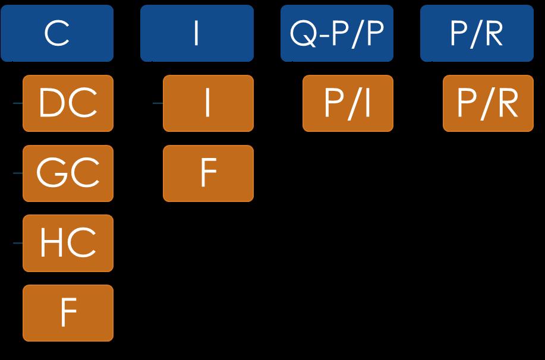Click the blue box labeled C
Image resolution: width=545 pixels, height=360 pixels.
pos(57,33)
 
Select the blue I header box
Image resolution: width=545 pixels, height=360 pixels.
pos(197,33)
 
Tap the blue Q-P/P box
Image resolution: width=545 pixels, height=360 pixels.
pos(337,33)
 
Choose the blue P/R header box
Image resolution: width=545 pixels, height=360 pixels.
pos(477,33)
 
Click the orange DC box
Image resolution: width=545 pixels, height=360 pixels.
pos(68,103)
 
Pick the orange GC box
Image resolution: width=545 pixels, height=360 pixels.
pos(68,173)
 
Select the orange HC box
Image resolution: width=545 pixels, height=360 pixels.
pos(68,243)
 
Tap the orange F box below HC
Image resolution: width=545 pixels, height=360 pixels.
pos(68,313)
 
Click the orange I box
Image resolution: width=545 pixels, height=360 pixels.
pos(208,103)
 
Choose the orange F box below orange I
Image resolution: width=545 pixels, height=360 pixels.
pos(208,173)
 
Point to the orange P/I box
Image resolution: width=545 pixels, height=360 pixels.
pos(348,103)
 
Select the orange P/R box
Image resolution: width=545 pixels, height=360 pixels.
pos(488,103)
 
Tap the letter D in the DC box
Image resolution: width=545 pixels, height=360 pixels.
pos(51,104)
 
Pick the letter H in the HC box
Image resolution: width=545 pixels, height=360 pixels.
pos(51,243)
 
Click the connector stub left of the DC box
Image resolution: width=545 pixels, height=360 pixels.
pos(18,103)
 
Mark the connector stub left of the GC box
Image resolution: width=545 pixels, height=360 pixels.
pos(18,173)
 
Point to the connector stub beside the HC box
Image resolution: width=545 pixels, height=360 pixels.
pos(18,243)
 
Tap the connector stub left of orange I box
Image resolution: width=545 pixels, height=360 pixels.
pos(157,103)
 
